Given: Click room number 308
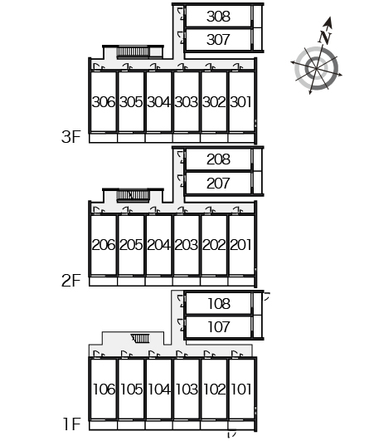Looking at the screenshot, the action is pyautogui.click(x=218, y=17).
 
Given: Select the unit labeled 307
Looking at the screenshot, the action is pyautogui.click(x=218, y=40).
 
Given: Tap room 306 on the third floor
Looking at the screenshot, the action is pyautogui.click(x=104, y=102).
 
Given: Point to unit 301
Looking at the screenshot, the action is pyautogui.click(x=241, y=102).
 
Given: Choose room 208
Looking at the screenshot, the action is pyautogui.click(x=218, y=159).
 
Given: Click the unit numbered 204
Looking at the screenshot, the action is pyautogui.click(x=158, y=245).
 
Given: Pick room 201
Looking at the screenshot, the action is pyautogui.click(x=241, y=245).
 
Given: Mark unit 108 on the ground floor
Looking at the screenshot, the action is pyautogui.click(x=219, y=304).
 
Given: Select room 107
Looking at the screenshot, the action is pyautogui.click(x=219, y=327).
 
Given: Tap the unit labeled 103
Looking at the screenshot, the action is pyautogui.click(x=187, y=390).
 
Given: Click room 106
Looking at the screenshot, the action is pyautogui.click(x=104, y=390).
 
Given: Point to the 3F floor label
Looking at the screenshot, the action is pyautogui.click(x=71, y=137).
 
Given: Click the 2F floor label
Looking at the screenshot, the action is pyautogui.click(x=71, y=281).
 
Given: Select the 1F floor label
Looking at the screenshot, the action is pyautogui.click(x=72, y=424).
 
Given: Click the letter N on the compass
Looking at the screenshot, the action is pyautogui.click(x=325, y=37).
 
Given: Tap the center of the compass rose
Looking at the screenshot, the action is pyautogui.click(x=317, y=68).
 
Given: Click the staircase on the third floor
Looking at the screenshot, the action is pyautogui.click(x=133, y=51).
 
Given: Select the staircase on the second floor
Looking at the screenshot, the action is pyautogui.click(x=133, y=195).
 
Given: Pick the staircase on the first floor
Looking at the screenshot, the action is pyautogui.click(x=140, y=338).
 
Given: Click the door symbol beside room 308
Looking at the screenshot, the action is pyautogui.click(x=182, y=14).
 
